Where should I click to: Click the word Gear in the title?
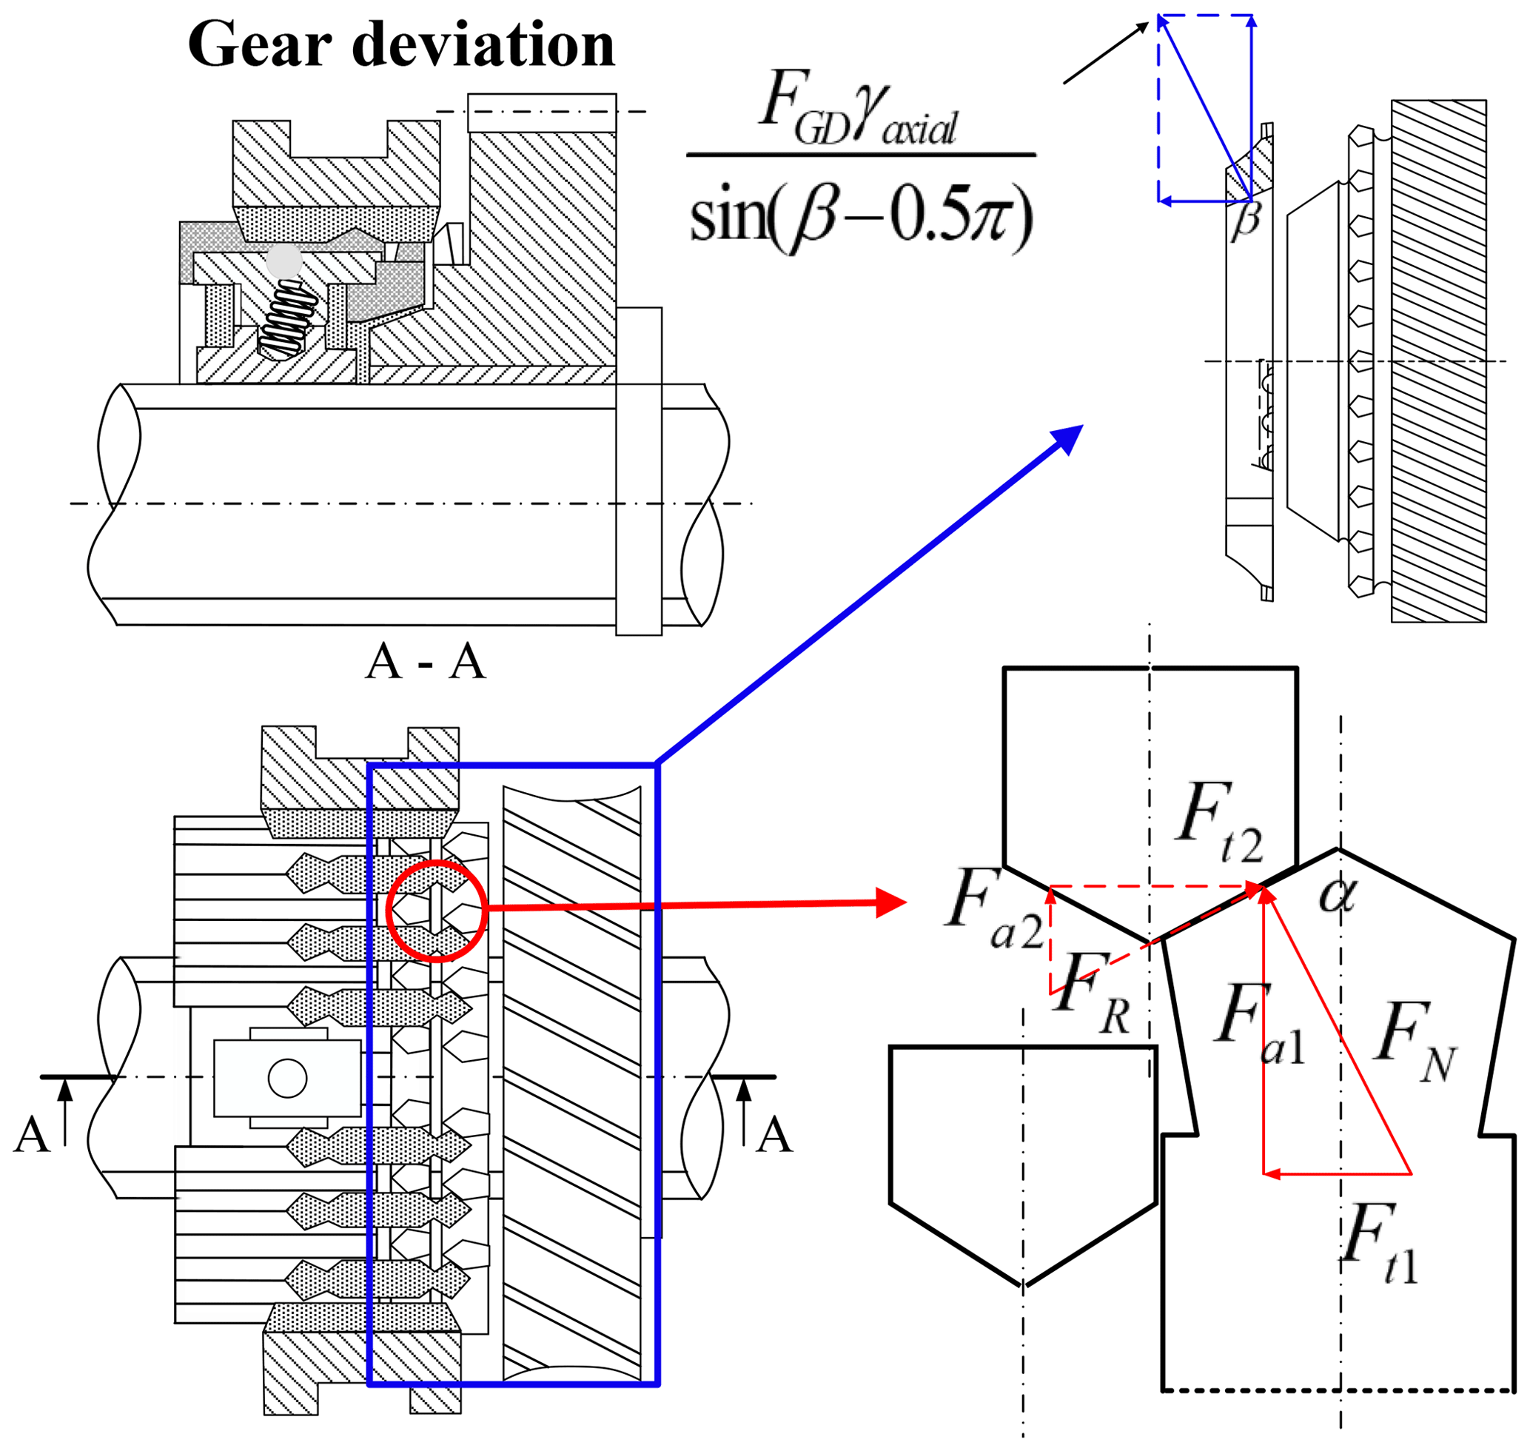click(x=260, y=45)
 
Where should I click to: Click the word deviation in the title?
click(x=483, y=45)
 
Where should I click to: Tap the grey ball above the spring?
click(x=284, y=261)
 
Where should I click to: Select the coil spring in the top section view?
click(x=288, y=318)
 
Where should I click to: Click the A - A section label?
click(x=426, y=662)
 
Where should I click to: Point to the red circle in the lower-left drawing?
click(x=436, y=911)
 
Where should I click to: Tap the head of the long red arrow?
click(x=891, y=902)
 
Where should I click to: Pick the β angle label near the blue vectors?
click(x=1246, y=220)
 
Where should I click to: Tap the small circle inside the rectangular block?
click(x=288, y=1079)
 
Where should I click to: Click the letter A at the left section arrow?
click(x=32, y=1135)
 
